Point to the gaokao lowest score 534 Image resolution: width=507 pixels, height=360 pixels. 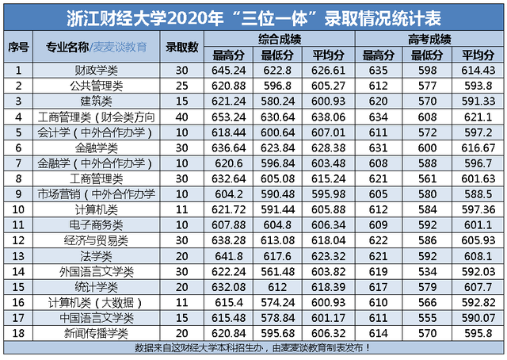click(x=429, y=271)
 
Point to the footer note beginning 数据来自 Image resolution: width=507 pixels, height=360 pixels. click(x=253, y=347)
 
